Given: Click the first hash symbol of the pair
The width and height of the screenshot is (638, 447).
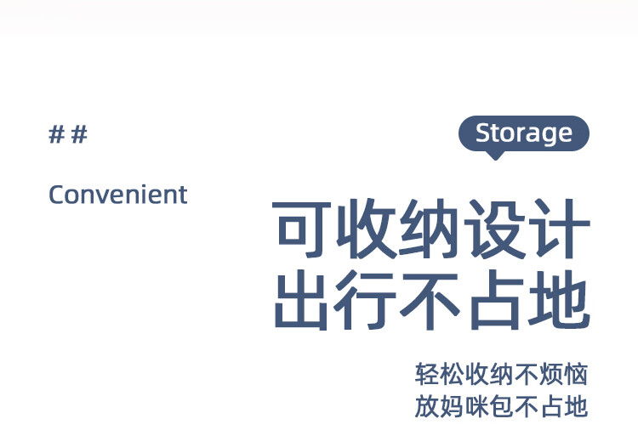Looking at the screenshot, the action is [56, 134].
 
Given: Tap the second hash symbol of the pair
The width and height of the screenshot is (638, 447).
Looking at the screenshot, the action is [79, 134].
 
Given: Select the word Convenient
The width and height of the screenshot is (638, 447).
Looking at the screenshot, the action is [118, 195].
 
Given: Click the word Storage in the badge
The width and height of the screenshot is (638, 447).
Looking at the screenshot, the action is [524, 133].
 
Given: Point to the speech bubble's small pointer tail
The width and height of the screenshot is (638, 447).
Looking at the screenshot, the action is [495, 156].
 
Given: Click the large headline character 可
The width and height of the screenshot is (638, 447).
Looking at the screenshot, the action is [301, 229].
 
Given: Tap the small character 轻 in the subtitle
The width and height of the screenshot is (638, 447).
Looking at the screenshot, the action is [427, 374].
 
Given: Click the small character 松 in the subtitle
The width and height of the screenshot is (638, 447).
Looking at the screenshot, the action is [452, 374].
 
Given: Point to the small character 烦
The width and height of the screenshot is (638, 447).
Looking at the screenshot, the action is [551, 374].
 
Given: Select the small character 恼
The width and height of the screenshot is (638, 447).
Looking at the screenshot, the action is [576, 374].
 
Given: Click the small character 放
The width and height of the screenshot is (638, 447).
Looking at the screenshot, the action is [427, 406].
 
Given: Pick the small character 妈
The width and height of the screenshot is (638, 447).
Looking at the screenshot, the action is [452, 406].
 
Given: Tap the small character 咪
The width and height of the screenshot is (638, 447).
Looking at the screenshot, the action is [477, 406].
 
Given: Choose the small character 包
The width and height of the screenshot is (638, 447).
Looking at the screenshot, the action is [502, 406].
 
